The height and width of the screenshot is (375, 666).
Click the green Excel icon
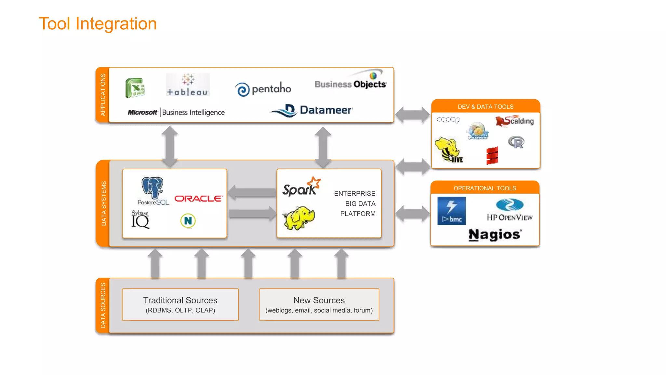pos(135,88)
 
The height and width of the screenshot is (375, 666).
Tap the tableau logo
pos(188,85)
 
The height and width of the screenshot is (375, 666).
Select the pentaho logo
pos(263,89)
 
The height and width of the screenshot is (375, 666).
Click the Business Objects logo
pos(351,81)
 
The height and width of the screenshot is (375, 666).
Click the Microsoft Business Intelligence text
pos(176,112)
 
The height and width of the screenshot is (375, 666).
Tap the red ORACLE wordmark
pos(199,199)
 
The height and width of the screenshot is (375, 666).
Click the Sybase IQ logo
pos(140,220)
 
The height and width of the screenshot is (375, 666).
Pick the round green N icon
pos(188,221)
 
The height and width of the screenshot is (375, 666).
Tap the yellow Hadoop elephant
pos(299,217)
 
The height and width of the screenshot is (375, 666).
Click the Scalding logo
pos(514,121)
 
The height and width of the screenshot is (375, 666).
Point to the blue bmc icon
pos(451,211)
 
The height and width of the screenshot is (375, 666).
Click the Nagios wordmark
pos(495,234)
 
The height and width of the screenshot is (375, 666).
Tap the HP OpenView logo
pos(510,210)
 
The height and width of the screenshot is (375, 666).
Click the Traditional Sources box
pos(180,304)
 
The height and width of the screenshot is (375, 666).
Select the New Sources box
pos(319,304)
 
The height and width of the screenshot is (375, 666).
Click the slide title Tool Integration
pos(98,24)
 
